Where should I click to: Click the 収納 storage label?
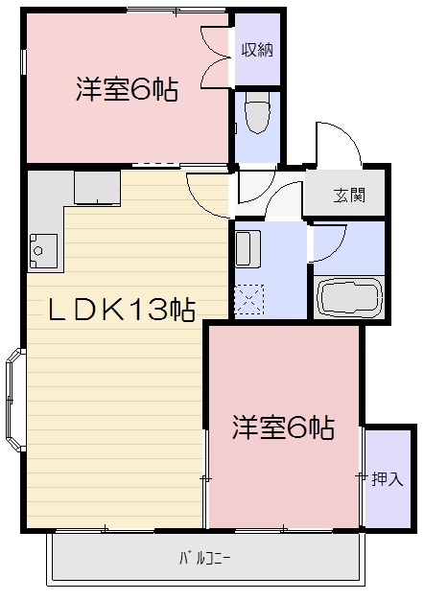pyautogui.click(x=256, y=49)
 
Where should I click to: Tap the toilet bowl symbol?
pyautogui.click(x=256, y=117)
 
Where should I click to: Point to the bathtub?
pyautogui.click(x=349, y=298)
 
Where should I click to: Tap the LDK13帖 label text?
pyautogui.click(x=123, y=309)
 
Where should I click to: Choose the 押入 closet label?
pyautogui.click(x=387, y=478)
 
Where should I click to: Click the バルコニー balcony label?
pyautogui.click(x=204, y=558)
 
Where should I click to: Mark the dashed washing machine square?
pyautogui.click(x=249, y=301)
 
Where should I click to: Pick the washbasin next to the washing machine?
pyautogui.click(x=247, y=249)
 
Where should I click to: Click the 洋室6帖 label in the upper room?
pyautogui.click(x=127, y=91)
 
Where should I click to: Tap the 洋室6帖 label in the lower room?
pyautogui.click(x=283, y=427)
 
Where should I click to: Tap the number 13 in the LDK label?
pyautogui.click(x=151, y=309)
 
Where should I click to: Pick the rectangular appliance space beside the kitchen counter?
pyautogui.click(x=97, y=188)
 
